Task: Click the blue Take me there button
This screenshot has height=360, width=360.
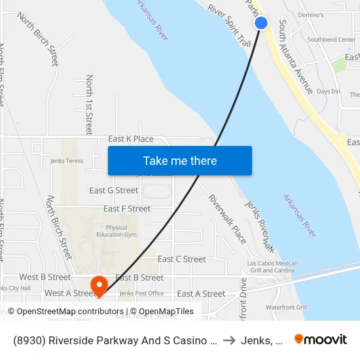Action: tap(180, 161)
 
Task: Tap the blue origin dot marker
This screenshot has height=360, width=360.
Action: tap(261, 23)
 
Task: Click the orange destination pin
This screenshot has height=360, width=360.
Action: tap(99, 285)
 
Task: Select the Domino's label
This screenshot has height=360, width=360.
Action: tap(310, 14)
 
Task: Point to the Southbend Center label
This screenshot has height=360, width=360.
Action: tap(331, 39)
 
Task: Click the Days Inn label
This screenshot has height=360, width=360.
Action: tap(328, 91)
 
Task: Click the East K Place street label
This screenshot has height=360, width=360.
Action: tap(130, 139)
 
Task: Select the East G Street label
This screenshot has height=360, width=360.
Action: tap(114, 190)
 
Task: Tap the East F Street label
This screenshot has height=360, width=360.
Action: tap(127, 209)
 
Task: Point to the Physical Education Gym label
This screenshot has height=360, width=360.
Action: tap(117, 231)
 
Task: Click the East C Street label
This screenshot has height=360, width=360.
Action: tap(181, 259)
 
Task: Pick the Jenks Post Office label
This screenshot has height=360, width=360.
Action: tap(141, 293)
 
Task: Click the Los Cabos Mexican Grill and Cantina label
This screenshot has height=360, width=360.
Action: tap(272, 267)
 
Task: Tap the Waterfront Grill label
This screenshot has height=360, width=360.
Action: tap(286, 307)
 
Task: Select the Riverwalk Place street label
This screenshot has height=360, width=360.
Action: tap(227, 219)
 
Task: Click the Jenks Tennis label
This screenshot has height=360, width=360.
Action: tap(66, 160)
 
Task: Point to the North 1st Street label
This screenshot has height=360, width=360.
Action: tap(89, 105)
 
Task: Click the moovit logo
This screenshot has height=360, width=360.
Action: tap(321, 339)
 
